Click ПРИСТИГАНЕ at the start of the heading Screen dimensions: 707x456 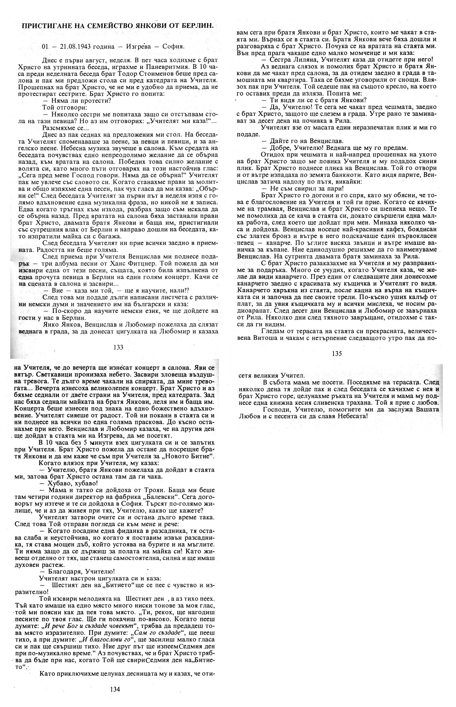click(x=44, y=26)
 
